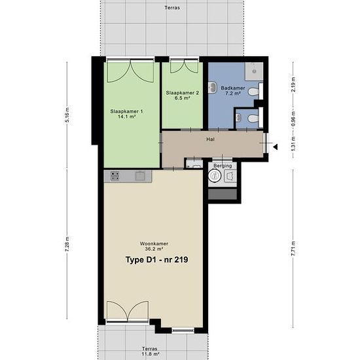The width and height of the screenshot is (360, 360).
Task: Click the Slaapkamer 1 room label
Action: (126, 111)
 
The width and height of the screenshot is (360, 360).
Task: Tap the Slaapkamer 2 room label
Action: (183, 93)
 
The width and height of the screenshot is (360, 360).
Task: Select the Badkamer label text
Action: (233, 88)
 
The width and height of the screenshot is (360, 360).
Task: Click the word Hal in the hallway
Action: (210, 139)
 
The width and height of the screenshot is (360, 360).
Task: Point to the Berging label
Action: (223, 166)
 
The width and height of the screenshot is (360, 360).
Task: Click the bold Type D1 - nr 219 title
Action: (157, 260)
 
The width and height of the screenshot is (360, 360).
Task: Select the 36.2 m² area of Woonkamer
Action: (154, 249)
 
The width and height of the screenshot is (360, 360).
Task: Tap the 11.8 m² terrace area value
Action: (151, 354)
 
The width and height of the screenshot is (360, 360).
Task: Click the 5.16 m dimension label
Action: (67, 115)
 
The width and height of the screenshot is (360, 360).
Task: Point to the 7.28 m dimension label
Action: (67, 244)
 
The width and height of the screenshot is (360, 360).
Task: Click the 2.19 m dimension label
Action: (293, 84)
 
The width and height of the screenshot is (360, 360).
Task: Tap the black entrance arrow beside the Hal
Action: (276, 147)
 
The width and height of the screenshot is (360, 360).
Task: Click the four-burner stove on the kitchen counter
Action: (115, 176)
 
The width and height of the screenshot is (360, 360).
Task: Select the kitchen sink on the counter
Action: (140, 176)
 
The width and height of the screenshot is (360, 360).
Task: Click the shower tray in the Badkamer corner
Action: (254, 71)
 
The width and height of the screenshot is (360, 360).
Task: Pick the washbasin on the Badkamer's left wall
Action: (212, 88)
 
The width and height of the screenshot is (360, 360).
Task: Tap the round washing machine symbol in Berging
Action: (215, 175)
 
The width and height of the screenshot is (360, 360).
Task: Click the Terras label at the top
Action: (172, 8)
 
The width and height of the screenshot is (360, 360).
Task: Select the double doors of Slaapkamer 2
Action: (184, 66)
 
